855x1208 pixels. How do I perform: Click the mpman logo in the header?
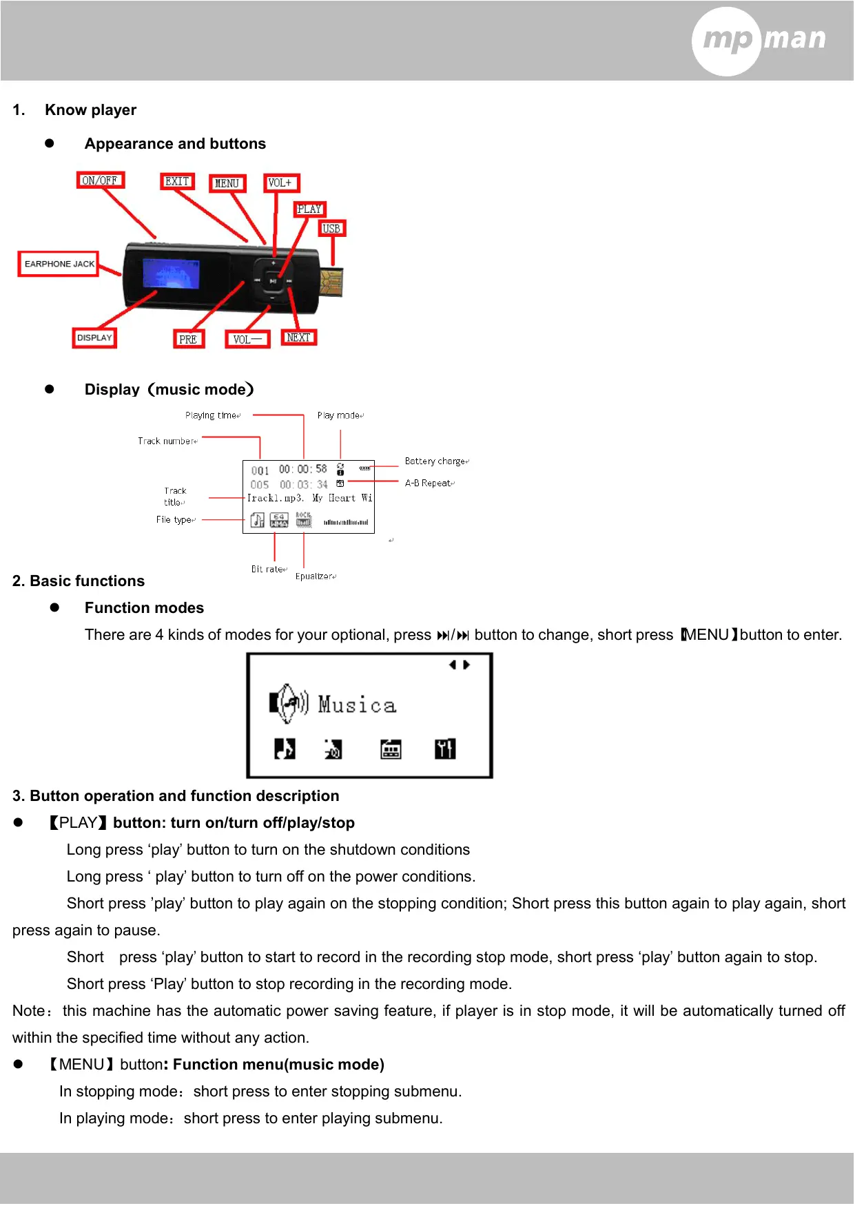tap(760, 40)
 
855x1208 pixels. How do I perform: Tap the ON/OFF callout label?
tap(100, 180)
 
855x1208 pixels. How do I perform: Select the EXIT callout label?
tap(177, 181)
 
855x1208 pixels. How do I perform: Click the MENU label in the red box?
tap(227, 183)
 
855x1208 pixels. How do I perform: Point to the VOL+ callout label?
tap(280, 183)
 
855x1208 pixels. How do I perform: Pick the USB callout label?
tap(331, 229)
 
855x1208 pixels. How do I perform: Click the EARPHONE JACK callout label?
tap(59, 264)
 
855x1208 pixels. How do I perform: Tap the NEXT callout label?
tap(298, 337)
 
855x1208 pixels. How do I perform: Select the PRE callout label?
tap(188, 340)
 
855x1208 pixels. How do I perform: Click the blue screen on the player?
tap(171, 273)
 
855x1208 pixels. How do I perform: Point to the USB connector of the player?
tap(331, 282)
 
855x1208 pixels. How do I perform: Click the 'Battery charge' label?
tap(436, 461)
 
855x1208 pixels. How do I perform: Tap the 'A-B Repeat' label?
tap(429, 483)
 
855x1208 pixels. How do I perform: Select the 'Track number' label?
tap(167, 441)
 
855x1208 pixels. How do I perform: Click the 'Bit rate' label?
tap(268, 570)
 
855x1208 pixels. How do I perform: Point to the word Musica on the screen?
tap(357, 705)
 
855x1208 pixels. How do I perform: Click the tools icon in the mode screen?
tap(445, 749)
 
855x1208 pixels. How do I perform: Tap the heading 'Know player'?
tap(90, 110)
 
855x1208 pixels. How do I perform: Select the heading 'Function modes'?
tap(144, 608)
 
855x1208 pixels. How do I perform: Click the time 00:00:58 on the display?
tap(302, 470)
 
